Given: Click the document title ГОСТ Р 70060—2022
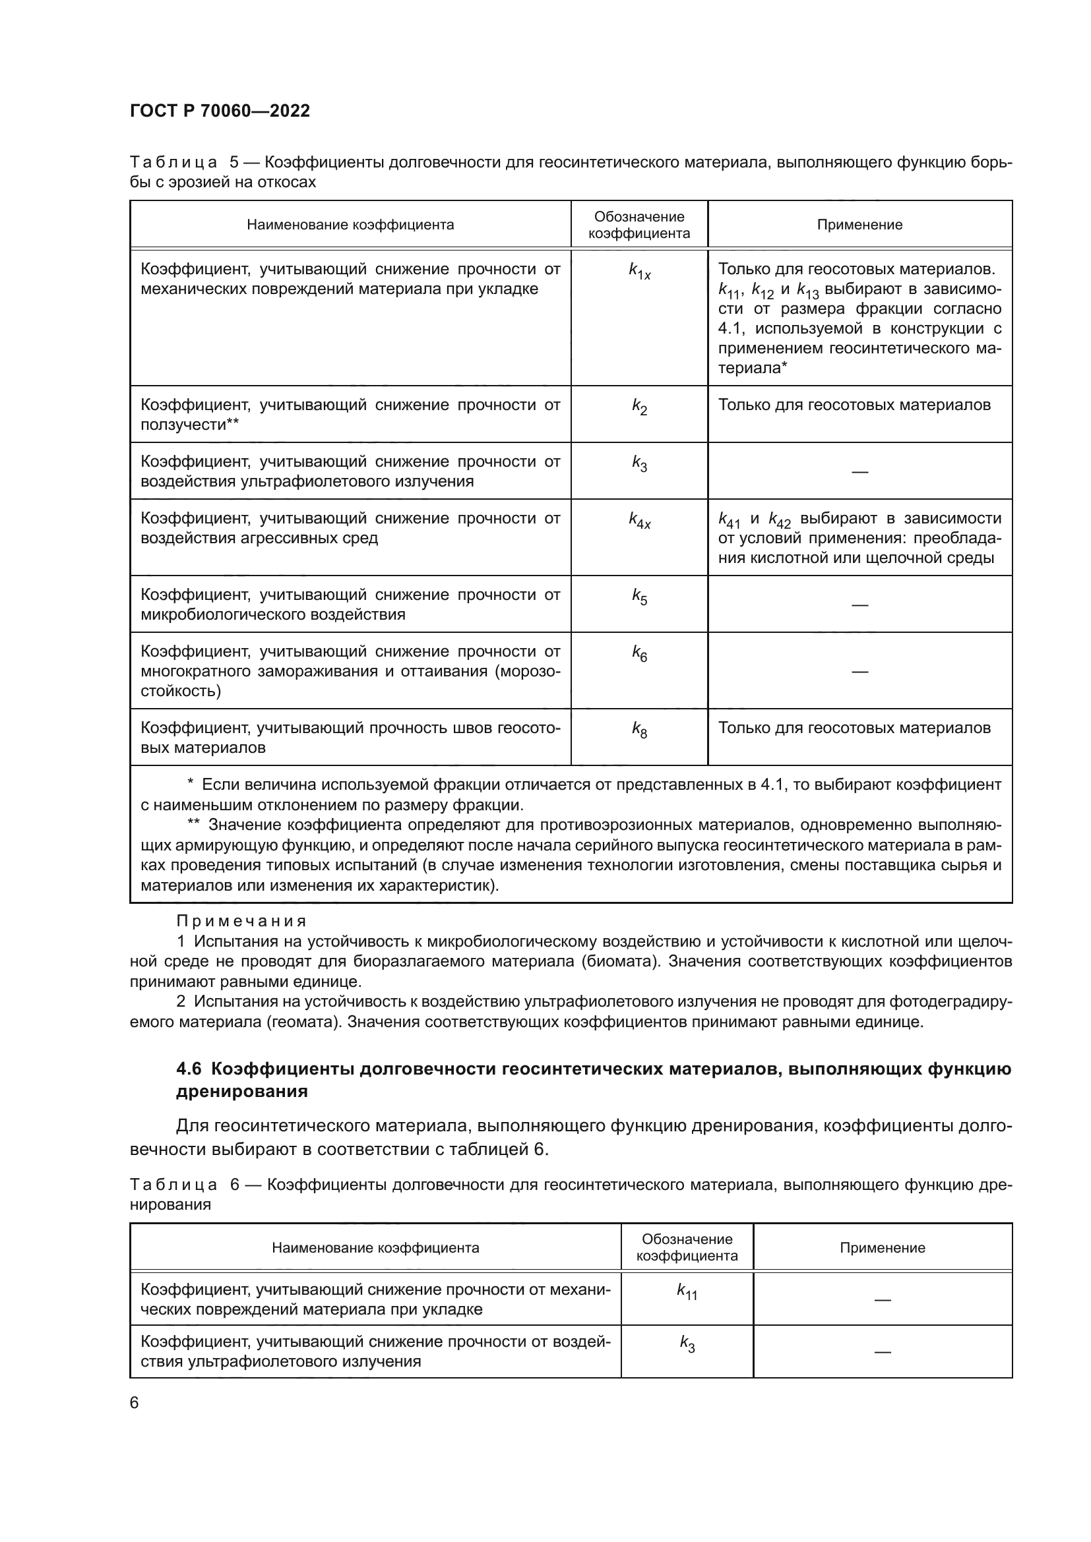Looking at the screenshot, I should (x=220, y=111).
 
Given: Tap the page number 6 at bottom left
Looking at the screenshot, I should (x=135, y=1403).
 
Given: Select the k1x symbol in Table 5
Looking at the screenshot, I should (x=639, y=272).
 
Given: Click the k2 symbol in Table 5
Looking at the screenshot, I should (x=639, y=407).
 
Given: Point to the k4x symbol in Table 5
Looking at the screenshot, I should (x=639, y=521).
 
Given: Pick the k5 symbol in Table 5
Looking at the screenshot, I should (x=639, y=597).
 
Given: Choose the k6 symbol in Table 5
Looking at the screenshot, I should (x=639, y=653).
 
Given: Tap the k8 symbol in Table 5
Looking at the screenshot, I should (x=639, y=730).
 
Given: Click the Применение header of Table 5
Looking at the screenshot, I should (x=859, y=225).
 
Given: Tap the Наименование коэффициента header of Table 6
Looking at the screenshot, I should (x=375, y=1248).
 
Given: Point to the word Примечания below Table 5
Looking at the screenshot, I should (x=241, y=921).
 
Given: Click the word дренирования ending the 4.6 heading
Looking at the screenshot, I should (x=242, y=1091).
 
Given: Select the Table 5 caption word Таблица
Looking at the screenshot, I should (x=173, y=163).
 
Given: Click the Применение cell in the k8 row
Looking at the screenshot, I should (x=854, y=728).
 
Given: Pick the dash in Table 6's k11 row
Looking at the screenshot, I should (x=882, y=1300).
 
